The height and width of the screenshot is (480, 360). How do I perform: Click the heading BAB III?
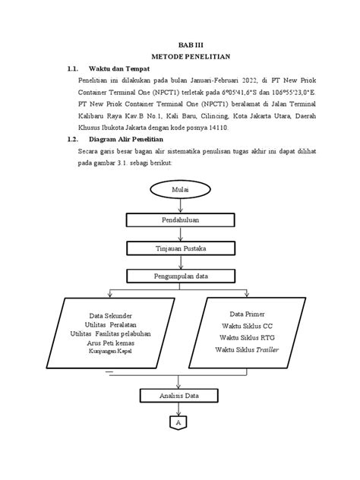[x=180, y=45]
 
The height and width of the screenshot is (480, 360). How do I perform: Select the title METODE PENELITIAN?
[x=180, y=57]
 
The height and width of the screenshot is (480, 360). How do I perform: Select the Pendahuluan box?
[x=180, y=219]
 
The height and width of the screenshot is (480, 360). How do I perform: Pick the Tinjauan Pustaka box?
[x=180, y=248]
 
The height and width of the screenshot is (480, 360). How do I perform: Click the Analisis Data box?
[x=180, y=395]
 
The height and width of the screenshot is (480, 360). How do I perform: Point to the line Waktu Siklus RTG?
[x=246, y=336]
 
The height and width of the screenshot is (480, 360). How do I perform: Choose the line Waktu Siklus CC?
[x=246, y=325]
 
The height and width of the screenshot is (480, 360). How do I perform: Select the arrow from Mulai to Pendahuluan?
[x=180, y=205]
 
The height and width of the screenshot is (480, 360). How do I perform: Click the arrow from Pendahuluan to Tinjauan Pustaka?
[x=180, y=234]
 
